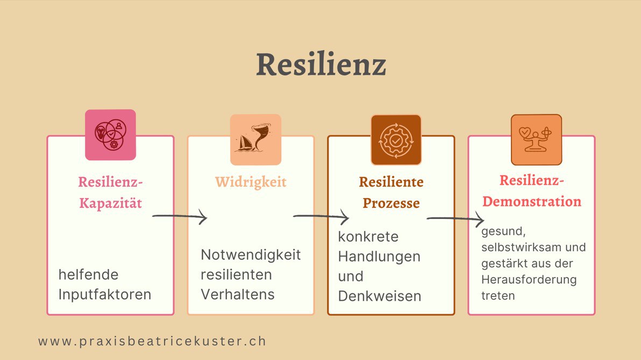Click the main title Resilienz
(320, 65)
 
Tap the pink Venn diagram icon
(110, 135)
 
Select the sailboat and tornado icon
(255, 139)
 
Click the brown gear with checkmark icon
(396, 139)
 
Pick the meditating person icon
(536, 139)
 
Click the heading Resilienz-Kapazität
(110, 192)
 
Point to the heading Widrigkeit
(251, 182)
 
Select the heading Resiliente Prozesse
(391, 193)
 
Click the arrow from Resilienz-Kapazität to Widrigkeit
(180, 217)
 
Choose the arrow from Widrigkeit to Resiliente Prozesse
(320, 217)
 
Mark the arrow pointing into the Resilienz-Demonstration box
(455, 220)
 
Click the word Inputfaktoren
(105, 295)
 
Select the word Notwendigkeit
(251, 255)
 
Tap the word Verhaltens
(238, 294)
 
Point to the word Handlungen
(379, 257)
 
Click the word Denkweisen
(380, 296)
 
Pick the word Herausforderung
(529, 280)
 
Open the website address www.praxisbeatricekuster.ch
(152, 341)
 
